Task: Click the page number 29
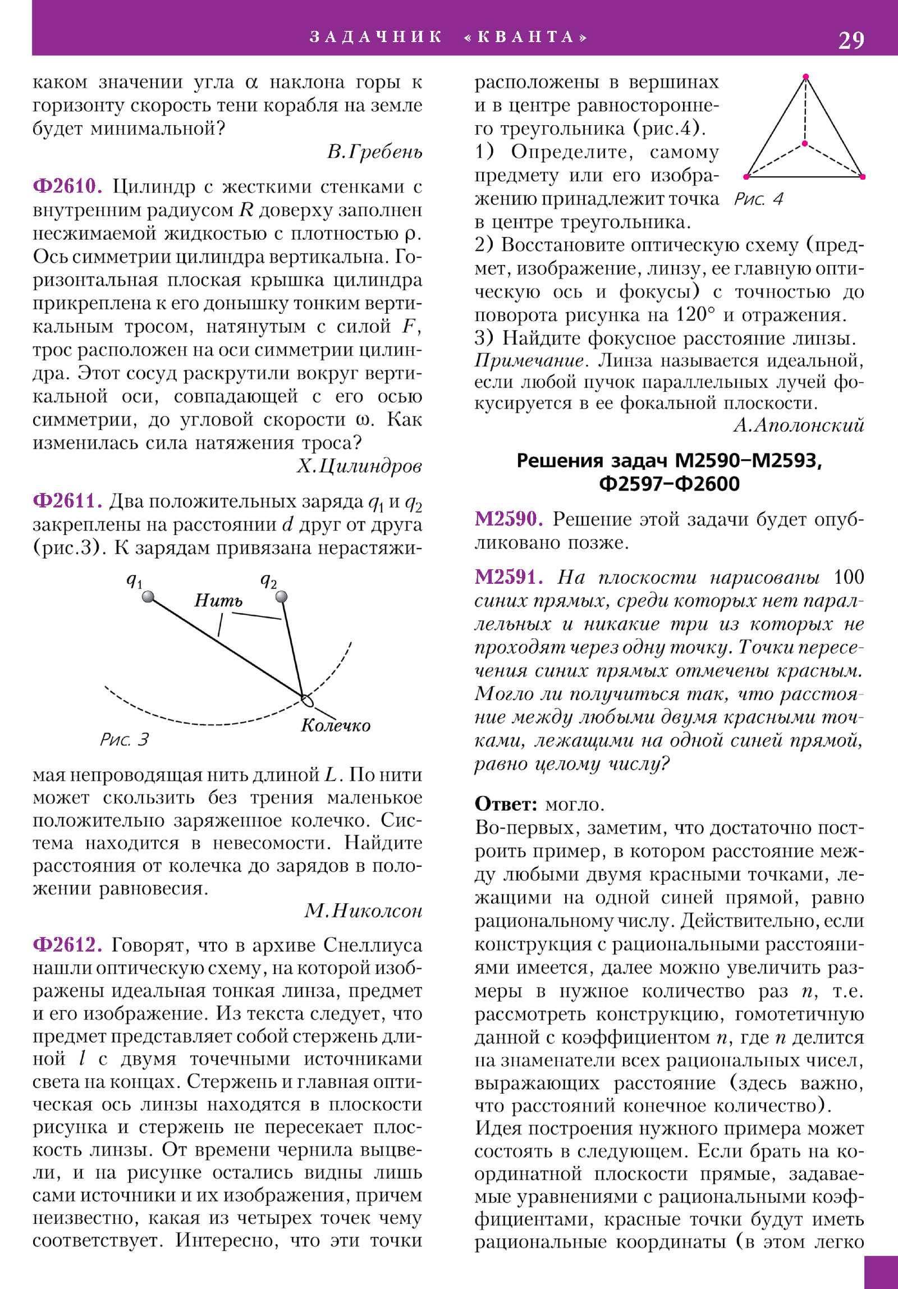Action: tap(851, 40)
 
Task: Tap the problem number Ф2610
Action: tap(67, 186)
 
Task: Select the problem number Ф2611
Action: tap(67, 500)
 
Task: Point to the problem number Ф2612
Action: tap(67, 944)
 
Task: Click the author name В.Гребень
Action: tap(374, 152)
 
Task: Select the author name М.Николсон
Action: tap(363, 910)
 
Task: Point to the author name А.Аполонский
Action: tap(799, 425)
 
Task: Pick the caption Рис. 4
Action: tap(758, 199)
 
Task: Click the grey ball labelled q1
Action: tap(148, 596)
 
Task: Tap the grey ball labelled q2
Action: tap(282, 596)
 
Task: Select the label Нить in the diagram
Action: tap(218, 601)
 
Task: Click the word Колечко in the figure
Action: tap(336, 725)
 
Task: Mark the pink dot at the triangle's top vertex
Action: tap(805, 76)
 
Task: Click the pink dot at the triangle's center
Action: tap(804, 144)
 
